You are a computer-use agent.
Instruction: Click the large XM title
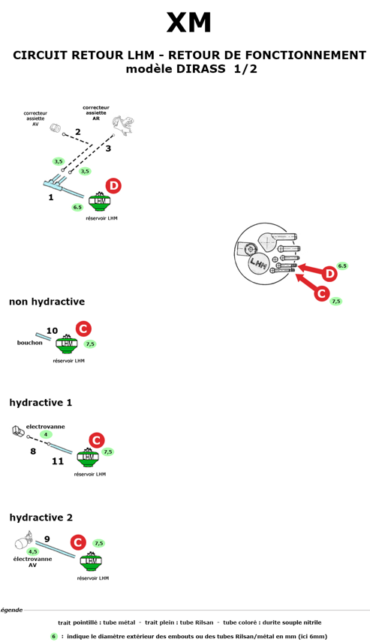tap(189, 22)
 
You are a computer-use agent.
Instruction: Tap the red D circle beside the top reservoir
tap(113, 186)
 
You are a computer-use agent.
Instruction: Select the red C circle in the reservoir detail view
tap(322, 293)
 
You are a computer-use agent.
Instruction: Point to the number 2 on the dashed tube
tap(77, 132)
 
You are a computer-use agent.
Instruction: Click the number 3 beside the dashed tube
tap(108, 148)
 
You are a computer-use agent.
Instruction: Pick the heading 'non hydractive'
tap(47, 301)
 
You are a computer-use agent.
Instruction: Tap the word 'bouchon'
tap(29, 343)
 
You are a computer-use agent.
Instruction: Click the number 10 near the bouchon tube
tap(52, 331)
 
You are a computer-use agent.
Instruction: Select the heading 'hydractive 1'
tap(41, 403)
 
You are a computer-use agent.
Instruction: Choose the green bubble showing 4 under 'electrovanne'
tap(46, 434)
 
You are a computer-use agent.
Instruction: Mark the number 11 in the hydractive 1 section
tap(58, 461)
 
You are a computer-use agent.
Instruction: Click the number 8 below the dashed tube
tap(33, 451)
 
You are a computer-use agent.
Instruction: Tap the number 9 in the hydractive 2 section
tap(47, 538)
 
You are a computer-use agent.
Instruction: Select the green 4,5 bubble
tap(33, 551)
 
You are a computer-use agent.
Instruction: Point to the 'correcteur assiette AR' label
tap(96, 113)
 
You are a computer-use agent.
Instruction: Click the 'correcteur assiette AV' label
tap(35, 118)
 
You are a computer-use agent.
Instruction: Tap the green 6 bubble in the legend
tap(54, 637)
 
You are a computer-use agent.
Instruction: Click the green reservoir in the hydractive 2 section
tap(91, 561)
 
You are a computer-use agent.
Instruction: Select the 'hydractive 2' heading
tap(41, 517)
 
